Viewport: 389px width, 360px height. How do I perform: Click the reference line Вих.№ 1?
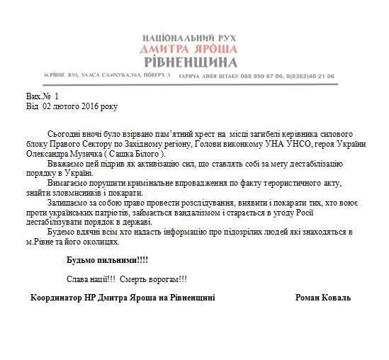pos(42,96)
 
